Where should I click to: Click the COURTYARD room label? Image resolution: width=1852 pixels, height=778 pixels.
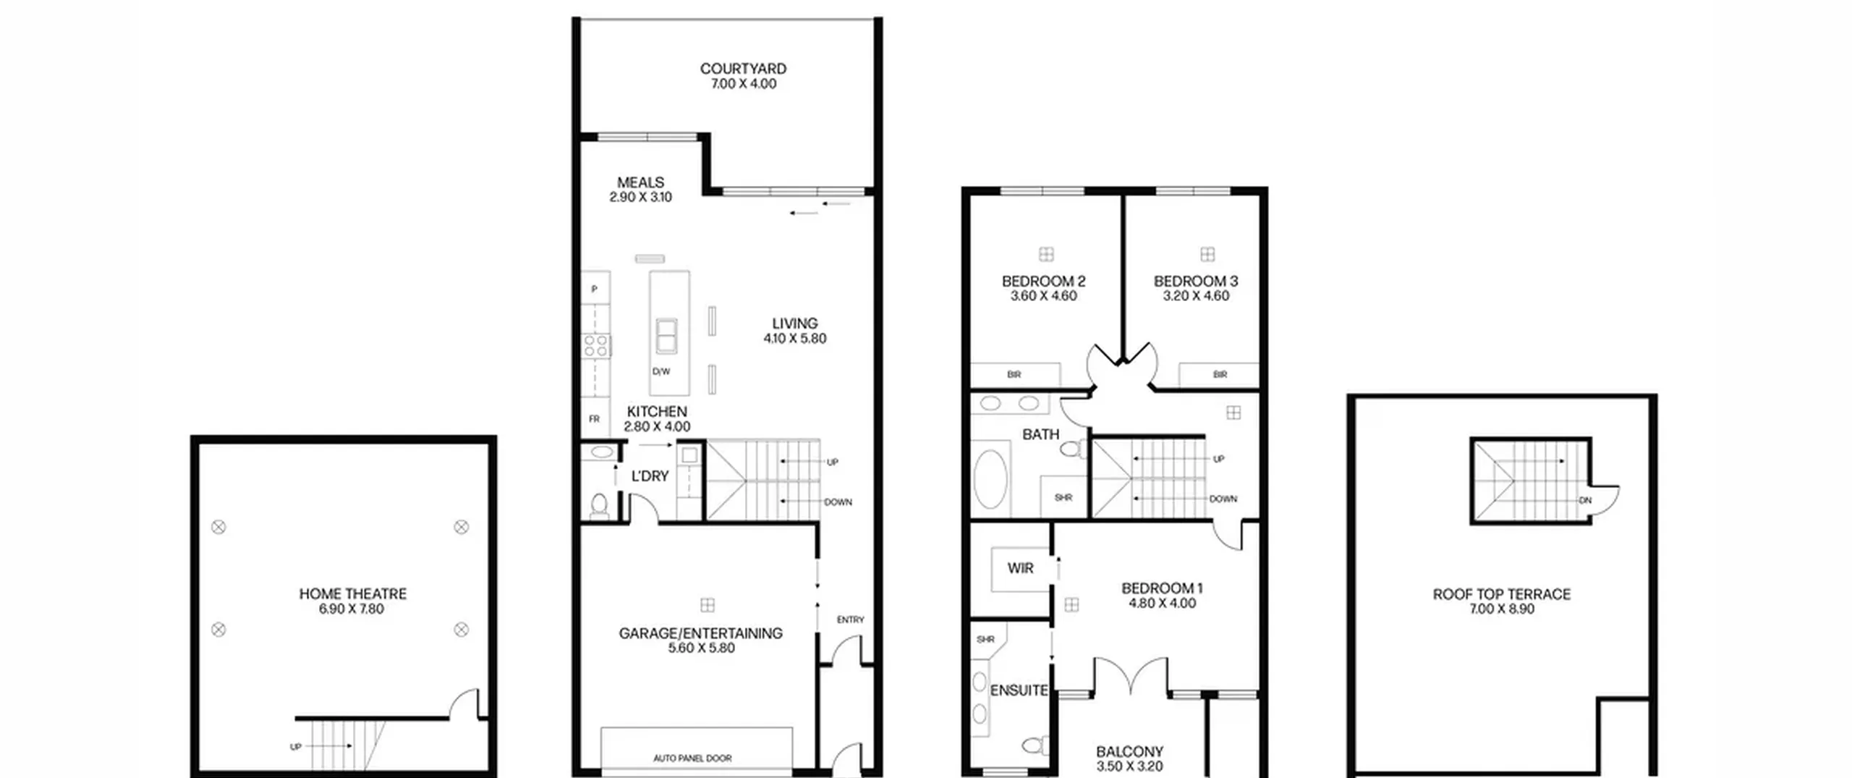[743, 69]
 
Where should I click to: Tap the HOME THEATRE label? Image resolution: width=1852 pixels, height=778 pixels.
[353, 593]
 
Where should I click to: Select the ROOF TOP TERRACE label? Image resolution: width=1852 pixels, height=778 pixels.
[1502, 594]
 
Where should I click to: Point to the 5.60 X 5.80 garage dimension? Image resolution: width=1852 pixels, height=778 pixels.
[701, 648]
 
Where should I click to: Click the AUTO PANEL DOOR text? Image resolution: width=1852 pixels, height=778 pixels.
[692, 758]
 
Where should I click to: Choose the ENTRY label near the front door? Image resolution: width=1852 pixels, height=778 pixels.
[850, 620]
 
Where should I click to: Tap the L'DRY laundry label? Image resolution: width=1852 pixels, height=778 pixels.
[650, 476]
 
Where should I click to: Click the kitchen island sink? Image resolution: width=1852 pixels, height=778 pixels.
[666, 336]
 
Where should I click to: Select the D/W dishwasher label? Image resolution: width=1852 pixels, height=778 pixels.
[661, 372]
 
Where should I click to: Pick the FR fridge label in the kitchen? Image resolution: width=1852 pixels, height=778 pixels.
[594, 419]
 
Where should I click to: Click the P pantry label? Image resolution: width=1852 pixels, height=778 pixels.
[595, 289]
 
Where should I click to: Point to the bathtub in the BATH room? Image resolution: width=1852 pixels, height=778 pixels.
[990, 479]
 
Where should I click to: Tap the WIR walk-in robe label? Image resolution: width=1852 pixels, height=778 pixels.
[1020, 569]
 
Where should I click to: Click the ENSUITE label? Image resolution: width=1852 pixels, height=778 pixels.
[1019, 690]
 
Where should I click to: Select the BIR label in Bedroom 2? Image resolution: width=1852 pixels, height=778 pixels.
[1014, 375]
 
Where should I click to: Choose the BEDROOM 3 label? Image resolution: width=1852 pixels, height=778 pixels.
[1196, 281]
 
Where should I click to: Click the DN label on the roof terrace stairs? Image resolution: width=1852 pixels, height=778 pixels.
[1585, 500]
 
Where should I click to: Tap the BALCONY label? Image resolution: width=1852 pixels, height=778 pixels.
[1129, 752]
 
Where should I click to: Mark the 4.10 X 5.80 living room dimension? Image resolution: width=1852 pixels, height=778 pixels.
[794, 339]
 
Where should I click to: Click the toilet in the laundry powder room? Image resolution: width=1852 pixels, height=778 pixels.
[599, 506]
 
